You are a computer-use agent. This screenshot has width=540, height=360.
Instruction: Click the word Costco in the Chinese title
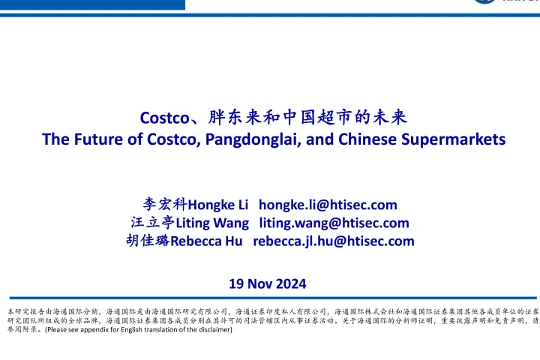[x=164, y=117]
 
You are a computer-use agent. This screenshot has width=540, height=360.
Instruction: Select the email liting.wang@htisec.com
[x=334, y=223]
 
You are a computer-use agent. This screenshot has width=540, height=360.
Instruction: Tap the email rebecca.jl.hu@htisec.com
[x=334, y=241]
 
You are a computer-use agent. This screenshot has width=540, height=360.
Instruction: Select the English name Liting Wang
[x=212, y=223]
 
